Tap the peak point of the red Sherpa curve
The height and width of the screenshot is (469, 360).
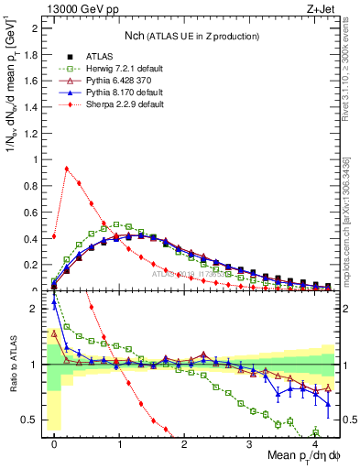(x=67, y=169)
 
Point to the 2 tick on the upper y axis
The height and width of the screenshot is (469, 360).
(x=37, y=27)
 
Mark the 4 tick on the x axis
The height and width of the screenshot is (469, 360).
(x=314, y=443)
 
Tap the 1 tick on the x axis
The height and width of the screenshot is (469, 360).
(x=119, y=443)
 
